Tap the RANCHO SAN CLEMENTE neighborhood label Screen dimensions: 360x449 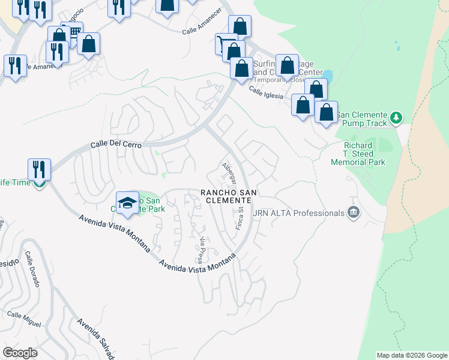[229, 196]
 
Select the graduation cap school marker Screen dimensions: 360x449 [127, 203]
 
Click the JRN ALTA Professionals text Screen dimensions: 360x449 [299, 212]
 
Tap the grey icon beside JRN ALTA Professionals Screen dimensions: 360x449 [353, 212]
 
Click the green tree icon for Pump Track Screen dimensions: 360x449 [396, 116]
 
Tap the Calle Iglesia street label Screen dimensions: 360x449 [266, 95]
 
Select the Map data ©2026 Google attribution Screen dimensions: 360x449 [411, 355]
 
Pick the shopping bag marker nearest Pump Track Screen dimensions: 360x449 [326, 113]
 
